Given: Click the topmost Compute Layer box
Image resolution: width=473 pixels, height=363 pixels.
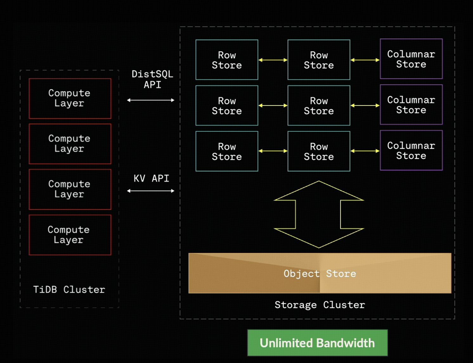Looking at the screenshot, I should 70,98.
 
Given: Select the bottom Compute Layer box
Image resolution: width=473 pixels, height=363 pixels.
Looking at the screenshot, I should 70,235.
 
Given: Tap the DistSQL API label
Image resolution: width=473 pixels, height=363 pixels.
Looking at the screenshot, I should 152,79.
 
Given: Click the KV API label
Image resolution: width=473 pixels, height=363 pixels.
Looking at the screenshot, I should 151,178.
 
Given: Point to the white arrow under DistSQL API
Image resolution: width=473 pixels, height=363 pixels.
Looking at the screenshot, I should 151,100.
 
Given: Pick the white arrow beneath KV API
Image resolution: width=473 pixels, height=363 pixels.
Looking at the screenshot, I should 151,191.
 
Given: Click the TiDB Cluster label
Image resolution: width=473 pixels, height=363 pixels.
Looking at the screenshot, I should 69,290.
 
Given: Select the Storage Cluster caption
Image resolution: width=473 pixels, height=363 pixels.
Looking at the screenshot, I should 320,305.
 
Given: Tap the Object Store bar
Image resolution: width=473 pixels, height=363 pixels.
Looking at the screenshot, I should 320,273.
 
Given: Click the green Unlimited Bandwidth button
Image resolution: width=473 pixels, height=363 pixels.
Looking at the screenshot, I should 317,343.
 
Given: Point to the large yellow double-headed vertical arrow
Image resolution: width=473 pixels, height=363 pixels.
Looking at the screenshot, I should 318,214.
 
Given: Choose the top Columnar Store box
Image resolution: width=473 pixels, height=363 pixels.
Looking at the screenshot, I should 411,59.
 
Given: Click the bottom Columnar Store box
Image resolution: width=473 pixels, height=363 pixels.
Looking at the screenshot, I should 411,150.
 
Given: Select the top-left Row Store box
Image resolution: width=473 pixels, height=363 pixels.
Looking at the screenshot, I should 227,60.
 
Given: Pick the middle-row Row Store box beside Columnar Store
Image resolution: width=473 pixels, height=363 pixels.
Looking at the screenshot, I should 319,105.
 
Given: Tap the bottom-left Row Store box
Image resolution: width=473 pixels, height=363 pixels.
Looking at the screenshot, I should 227,151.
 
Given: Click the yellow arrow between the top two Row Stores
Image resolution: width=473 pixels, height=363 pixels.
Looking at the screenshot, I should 273,60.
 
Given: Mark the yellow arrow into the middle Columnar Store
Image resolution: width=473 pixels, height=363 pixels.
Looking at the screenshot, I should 365,105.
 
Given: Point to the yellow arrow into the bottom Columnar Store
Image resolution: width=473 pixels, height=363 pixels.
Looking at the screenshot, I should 365,151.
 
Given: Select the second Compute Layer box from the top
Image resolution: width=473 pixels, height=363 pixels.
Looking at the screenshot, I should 70,144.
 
